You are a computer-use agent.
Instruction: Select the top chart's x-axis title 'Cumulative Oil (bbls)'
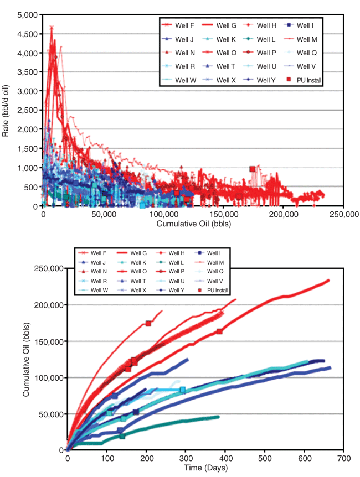click(x=193, y=224)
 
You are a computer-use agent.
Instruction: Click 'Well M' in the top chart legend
click(x=307, y=39)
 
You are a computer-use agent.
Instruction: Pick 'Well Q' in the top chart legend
click(x=306, y=53)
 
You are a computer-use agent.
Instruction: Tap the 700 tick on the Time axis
click(x=343, y=458)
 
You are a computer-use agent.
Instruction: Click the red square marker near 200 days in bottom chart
click(x=148, y=324)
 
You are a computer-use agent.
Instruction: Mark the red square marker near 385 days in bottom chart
click(x=220, y=331)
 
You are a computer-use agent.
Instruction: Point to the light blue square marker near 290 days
click(x=182, y=390)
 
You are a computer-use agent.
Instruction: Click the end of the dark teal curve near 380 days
click(x=218, y=417)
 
